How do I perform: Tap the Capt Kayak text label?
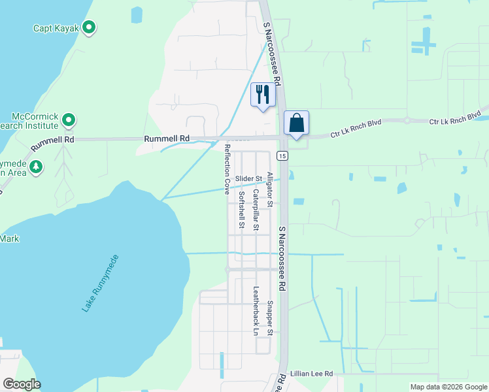click(56, 28)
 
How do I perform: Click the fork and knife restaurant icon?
click(263, 95)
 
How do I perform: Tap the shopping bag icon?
click(296, 123)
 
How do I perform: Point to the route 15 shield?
click(281, 155)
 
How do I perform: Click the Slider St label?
click(248, 178)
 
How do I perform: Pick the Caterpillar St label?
click(256, 210)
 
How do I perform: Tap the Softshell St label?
click(241, 210)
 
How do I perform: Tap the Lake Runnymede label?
click(101, 283)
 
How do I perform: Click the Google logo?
click(22, 384)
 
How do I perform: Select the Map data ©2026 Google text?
click(448, 387)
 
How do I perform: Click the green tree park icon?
click(37, 167)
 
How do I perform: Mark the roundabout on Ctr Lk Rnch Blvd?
click(407, 120)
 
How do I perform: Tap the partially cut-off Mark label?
click(9, 238)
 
